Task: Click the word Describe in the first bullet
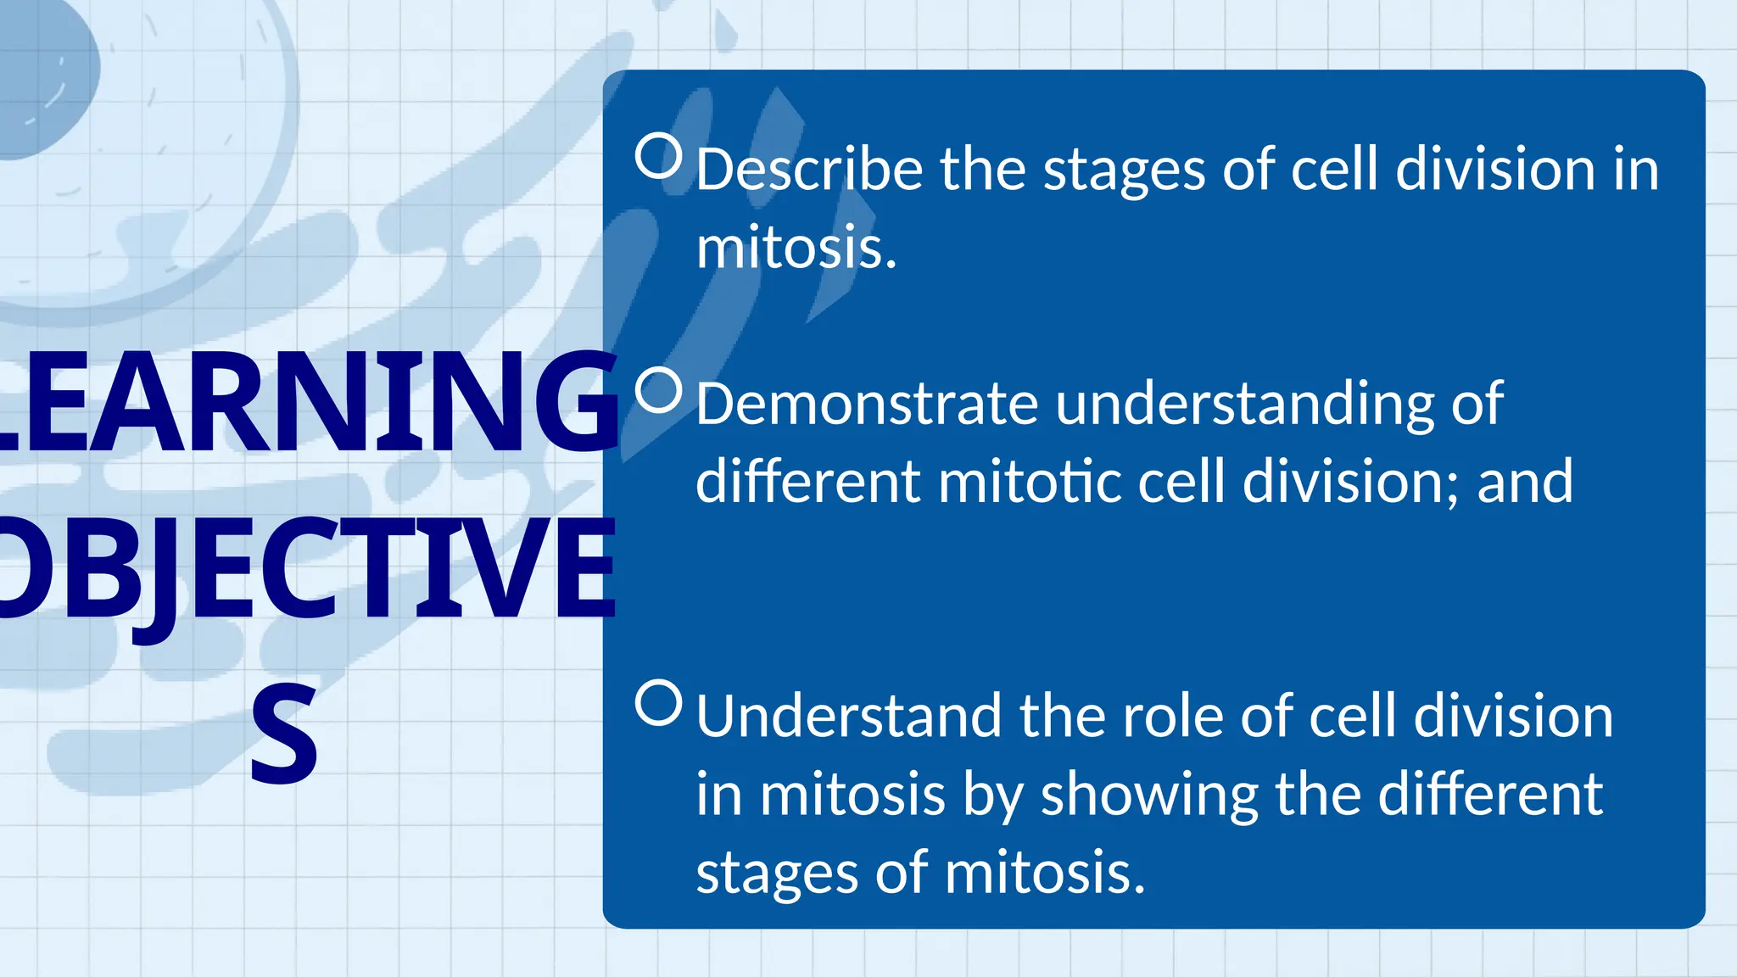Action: point(809,170)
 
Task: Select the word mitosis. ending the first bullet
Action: point(796,248)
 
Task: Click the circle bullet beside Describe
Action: point(659,156)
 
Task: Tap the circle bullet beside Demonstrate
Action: point(659,391)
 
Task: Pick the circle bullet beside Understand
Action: point(659,702)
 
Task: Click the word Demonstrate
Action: point(866,404)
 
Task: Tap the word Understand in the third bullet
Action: point(848,717)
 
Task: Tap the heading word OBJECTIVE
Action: point(305,568)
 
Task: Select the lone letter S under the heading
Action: point(284,733)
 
